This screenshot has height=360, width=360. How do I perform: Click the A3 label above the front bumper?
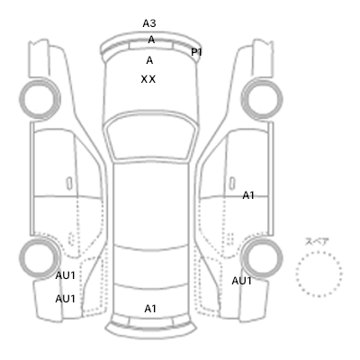[x=149, y=23]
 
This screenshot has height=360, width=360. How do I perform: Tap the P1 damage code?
[x=196, y=52]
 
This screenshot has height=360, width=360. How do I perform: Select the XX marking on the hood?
[x=148, y=79]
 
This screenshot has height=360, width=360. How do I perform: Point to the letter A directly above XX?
[x=149, y=60]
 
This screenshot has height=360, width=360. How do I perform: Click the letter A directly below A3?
[x=151, y=40]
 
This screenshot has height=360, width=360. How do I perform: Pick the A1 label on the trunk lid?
[x=150, y=309]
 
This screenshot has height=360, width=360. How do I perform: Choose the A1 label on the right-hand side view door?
[x=248, y=195]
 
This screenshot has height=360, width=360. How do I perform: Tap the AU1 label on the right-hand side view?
[x=241, y=281]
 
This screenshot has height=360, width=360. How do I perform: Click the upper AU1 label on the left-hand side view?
[x=65, y=275]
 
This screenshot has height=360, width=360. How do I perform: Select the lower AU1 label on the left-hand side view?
[x=65, y=299]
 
